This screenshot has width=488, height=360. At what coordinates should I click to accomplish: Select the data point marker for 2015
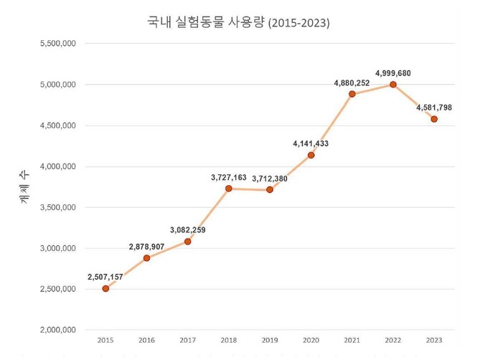[105, 288]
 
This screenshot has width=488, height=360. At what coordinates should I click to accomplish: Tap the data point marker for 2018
[229, 189]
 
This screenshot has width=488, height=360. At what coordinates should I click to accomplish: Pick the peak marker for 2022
[393, 84]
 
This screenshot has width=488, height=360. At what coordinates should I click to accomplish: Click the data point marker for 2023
[434, 119]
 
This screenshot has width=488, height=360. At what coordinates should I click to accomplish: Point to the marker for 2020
[311, 155]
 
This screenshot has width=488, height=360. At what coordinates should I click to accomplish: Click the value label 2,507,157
[105, 276]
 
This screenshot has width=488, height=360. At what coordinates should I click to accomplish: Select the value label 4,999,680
[393, 73]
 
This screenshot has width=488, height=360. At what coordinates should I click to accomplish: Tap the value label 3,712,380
[270, 179]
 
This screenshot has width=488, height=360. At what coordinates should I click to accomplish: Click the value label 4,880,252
[352, 83]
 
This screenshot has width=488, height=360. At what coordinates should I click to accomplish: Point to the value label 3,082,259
[188, 230]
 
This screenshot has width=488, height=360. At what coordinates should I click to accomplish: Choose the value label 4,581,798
[434, 108]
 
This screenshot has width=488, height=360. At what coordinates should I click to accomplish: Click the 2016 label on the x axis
[146, 340]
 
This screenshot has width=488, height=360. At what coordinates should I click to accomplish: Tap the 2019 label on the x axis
[270, 340]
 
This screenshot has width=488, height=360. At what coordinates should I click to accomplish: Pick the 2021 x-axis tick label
[352, 340]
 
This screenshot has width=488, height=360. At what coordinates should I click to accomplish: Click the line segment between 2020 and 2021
[332, 124]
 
